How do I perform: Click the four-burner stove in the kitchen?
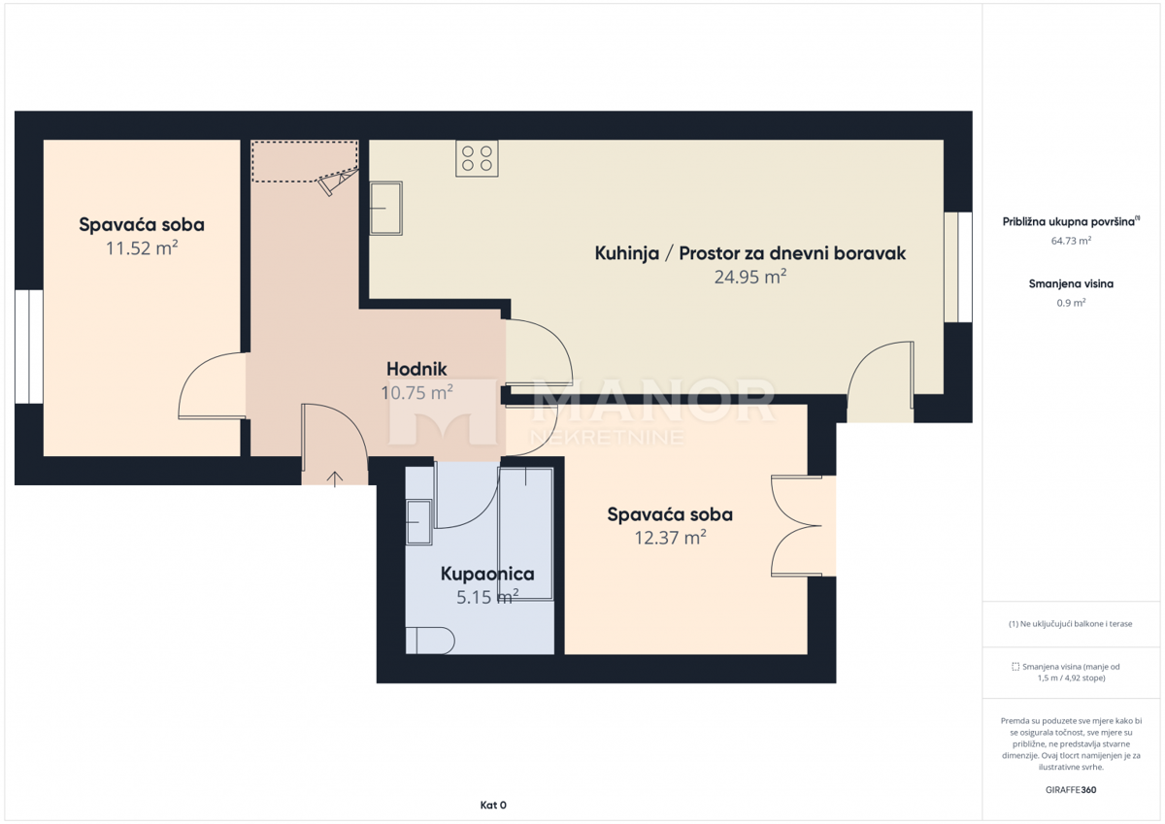tap(477, 158)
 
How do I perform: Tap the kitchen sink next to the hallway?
tap(386, 209)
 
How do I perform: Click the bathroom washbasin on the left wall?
tap(418, 522)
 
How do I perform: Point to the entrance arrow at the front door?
tap(335, 478)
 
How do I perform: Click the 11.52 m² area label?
tap(142, 248)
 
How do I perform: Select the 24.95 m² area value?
tap(749, 278)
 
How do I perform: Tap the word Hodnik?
tap(416, 369)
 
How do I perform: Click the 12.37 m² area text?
tap(670, 538)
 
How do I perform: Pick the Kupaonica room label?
tap(487, 574)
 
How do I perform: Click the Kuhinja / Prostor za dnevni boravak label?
tap(749, 253)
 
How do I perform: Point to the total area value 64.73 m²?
tap(1072, 240)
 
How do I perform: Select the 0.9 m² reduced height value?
tap(1071, 303)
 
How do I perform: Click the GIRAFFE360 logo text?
tap(1071, 790)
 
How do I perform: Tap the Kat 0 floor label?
tap(493, 805)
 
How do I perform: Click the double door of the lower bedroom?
tap(801, 526)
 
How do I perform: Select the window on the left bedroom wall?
tap(28, 346)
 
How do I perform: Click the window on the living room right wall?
tap(958, 267)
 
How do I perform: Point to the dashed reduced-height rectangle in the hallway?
tap(304, 161)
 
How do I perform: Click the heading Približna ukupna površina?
tap(1070, 221)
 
